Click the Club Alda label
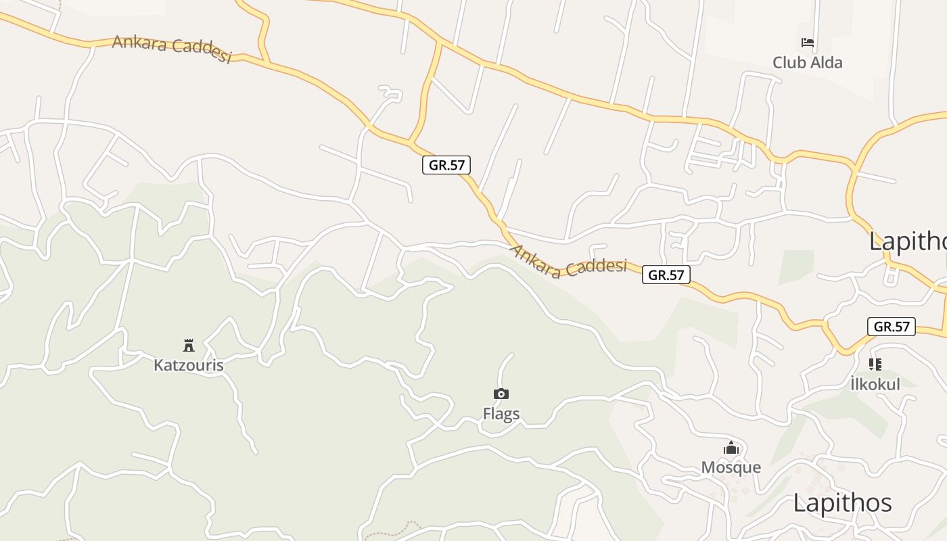tap(808, 63)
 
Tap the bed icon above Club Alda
tap(807, 43)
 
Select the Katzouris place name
tap(188, 365)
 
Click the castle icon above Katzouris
tap(189, 346)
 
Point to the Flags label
tap(501, 413)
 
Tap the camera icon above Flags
tap(501, 394)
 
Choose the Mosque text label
tap(731, 467)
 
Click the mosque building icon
tap(731, 448)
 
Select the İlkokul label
tap(875, 384)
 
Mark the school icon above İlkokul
tap(875, 364)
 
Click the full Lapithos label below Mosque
tap(842, 503)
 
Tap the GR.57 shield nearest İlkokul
tap(891, 327)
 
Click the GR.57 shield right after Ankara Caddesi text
tap(666, 275)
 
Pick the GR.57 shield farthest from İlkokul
tap(446, 164)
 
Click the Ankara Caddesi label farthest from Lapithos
tap(172, 48)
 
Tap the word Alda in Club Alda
tap(826, 63)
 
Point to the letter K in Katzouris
tap(158, 365)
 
